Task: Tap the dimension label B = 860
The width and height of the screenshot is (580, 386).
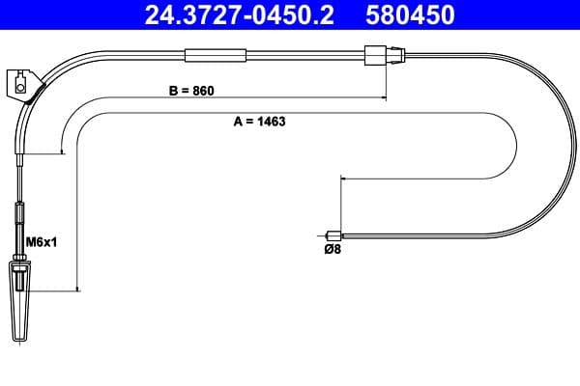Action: coord(190,91)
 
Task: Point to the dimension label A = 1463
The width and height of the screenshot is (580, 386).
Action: coord(260,123)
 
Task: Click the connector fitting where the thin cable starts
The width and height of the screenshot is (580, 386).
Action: coord(375,55)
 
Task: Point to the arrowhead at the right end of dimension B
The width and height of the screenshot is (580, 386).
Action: coord(384,96)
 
